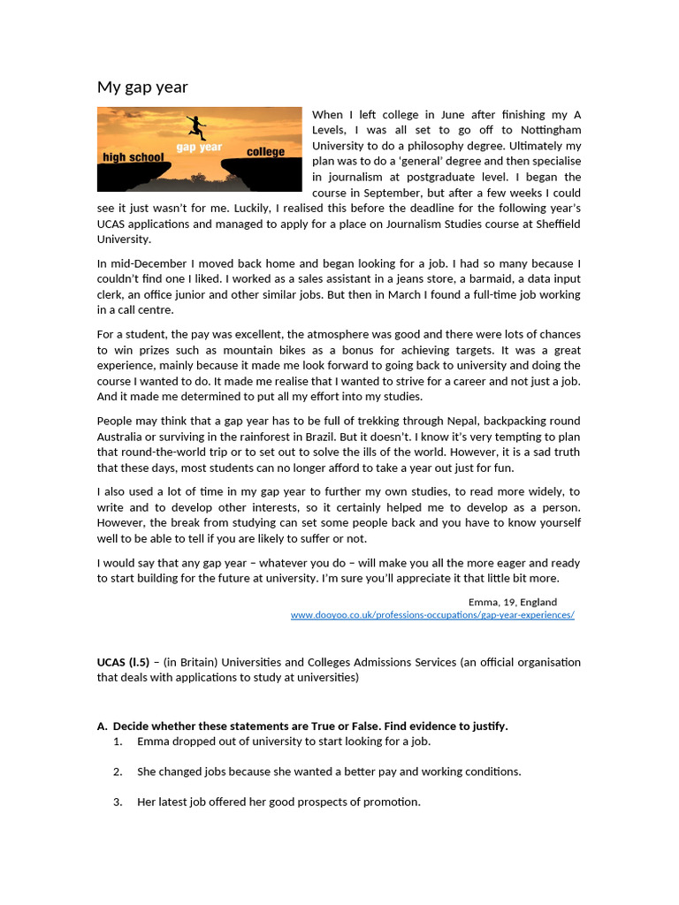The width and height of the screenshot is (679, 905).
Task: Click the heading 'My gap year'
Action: (x=142, y=87)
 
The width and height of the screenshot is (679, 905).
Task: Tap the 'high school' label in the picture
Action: (x=126, y=157)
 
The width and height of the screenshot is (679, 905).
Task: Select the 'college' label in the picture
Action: (x=265, y=151)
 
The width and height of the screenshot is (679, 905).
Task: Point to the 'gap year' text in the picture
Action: (x=199, y=147)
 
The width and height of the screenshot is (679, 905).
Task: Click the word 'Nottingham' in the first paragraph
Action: (x=545, y=130)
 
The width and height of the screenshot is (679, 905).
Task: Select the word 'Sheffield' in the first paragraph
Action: (x=555, y=224)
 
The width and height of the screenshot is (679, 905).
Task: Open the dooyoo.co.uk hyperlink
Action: (x=432, y=615)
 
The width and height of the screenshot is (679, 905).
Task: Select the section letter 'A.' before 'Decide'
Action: (x=102, y=726)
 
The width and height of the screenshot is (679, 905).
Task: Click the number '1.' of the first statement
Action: (x=118, y=741)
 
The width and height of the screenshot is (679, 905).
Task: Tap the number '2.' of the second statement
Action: (x=118, y=772)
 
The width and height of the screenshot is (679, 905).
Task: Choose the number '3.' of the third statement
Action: (x=118, y=802)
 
